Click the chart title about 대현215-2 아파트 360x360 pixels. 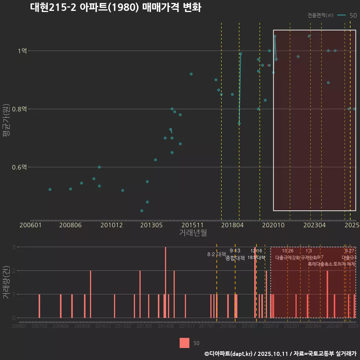click(x=115, y=8)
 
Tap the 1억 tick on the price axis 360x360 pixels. click(x=22, y=51)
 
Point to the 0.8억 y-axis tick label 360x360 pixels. click(x=19, y=109)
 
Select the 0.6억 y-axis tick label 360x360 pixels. click(x=19, y=167)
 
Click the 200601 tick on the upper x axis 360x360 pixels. click(x=30, y=225)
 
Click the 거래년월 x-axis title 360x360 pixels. click(x=193, y=232)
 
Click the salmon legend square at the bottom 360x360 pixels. click(x=184, y=343)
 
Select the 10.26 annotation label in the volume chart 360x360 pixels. click(x=288, y=251)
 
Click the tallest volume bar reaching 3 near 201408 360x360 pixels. click(x=165, y=282)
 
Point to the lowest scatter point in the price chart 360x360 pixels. click(x=142, y=211)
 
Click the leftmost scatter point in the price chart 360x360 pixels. click(x=50, y=189)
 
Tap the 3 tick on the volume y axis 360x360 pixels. click(x=13, y=247)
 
